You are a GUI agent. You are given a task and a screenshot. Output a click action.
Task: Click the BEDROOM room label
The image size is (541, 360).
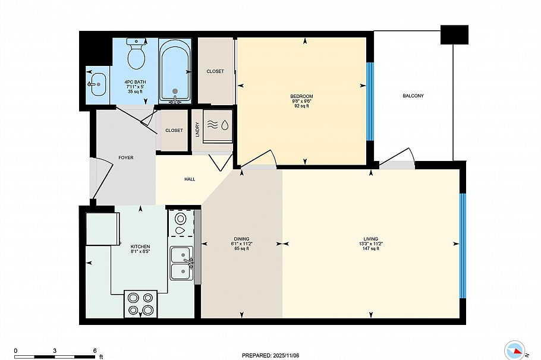coord(301,96)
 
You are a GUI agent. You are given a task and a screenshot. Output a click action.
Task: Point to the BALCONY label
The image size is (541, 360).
coord(413,96)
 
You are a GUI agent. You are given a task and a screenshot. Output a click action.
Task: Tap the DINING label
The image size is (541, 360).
coord(241,239)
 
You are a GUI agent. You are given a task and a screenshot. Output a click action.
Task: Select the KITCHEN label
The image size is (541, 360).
coord(140,247)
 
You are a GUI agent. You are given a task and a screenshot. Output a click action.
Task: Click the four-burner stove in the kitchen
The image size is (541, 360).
coord(140,304)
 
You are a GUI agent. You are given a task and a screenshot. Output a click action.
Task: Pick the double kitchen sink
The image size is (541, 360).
coord(181,263)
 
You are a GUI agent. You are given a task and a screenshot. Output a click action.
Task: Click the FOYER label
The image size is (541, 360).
coord(125,157)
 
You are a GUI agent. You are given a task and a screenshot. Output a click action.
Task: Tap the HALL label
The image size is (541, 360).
coord(190,179)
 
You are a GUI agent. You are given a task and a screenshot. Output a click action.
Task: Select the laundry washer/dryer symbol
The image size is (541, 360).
coord(218,125)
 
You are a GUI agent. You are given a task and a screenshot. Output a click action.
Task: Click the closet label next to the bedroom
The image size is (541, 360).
coord(215,71)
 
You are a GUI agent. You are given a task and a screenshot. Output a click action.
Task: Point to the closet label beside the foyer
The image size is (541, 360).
coord(174,130)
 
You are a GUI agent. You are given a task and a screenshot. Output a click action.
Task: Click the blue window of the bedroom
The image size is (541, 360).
coord(370,101)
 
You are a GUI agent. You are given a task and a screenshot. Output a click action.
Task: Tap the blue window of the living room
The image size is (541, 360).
coord(463,245)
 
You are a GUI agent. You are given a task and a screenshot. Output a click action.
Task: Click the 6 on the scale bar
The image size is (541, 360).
coord(95,351)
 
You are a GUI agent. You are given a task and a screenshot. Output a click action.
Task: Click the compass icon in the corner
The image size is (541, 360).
coord(515,350)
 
